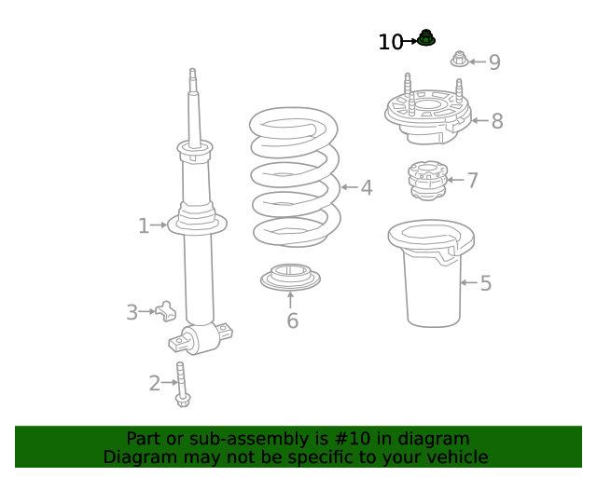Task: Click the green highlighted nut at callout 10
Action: click(426, 37)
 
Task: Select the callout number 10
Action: click(391, 42)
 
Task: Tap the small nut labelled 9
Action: click(460, 59)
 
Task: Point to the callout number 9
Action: click(494, 62)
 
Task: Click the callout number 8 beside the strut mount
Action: click(497, 121)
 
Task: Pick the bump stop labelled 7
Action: click(427, 181)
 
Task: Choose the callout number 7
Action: click(473, 181)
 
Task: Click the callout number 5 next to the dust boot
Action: click(485, 283)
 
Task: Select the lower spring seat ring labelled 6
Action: click(290, 278)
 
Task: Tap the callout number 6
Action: click(292, 320)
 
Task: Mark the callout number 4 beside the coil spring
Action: click(367, 188)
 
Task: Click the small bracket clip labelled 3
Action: click(166, 311)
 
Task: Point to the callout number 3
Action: click(132, 312)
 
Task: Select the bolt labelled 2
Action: click(182, 384)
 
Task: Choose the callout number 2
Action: click(155, 384)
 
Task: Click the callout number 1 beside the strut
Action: click(144, 226)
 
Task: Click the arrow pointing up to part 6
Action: click(290, 300)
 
